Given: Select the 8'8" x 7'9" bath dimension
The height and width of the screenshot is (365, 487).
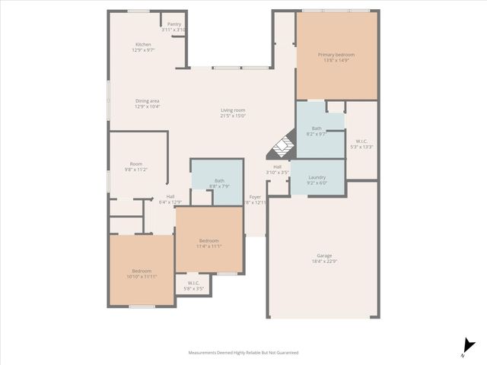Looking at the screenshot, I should pos(219,186).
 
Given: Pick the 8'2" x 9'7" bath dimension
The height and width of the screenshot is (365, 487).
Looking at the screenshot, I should pos(317,134).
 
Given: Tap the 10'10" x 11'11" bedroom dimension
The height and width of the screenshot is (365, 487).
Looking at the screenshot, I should pos(142,277).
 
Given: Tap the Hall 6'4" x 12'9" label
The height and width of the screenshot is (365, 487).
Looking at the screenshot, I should pos(170,199).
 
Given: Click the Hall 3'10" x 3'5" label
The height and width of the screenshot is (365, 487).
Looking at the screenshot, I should pos(278,170).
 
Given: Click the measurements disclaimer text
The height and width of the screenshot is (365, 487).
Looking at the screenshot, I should pos(243,353).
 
